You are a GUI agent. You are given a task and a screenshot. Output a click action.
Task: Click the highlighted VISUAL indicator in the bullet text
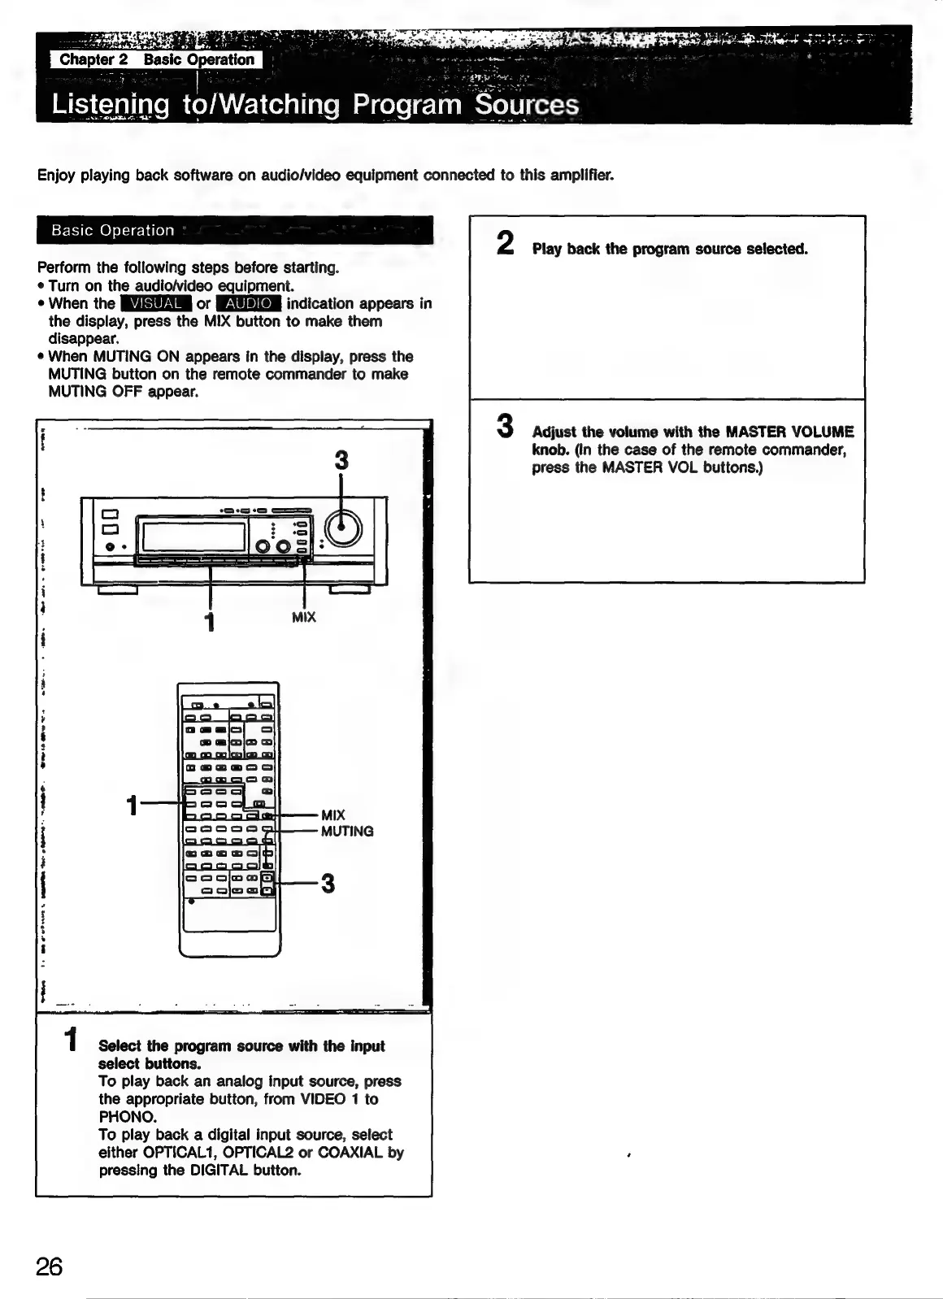[155, 303]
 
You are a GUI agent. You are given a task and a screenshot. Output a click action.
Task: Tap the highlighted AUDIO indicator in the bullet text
[249, 303]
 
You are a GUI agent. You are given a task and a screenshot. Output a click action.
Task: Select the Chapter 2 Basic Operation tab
[157, 59]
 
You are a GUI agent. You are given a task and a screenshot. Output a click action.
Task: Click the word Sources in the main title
[527, 105]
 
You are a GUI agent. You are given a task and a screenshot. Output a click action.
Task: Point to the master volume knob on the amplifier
[342, 530]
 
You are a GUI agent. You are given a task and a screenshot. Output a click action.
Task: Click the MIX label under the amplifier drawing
[303, 617]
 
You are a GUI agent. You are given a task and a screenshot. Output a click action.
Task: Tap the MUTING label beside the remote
[347, 831]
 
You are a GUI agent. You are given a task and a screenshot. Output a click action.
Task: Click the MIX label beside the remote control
[333, 815]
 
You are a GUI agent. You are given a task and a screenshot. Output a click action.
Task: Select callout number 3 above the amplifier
[341, 460]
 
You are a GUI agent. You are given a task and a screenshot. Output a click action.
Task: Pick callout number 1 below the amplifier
[210, 622]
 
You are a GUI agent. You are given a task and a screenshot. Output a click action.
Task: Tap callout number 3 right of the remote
[328, 883]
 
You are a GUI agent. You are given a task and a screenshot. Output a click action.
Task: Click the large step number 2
[506, 242]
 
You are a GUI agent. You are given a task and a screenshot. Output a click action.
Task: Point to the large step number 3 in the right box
[506, 426]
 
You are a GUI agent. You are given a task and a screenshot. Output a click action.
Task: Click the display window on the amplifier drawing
[194, 536]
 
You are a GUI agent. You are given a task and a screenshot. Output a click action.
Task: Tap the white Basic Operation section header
[113, 230]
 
